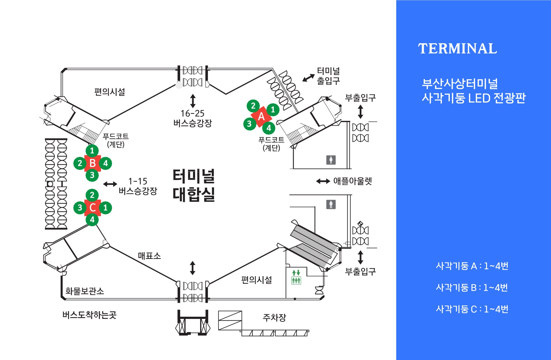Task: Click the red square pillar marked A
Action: point(261,117)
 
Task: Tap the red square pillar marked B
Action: point(92,163)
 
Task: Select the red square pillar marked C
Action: point(92,208)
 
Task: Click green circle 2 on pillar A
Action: point(253,106)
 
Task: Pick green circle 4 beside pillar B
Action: point(106,163)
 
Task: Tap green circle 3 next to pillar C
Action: point(80,208)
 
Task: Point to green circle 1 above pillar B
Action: point(92,150)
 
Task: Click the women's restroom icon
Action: point(331,160)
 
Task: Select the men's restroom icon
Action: point(331,204)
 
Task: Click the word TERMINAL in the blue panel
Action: point(457,49)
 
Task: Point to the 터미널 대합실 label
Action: point(194,185)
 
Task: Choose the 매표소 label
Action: point(149,256)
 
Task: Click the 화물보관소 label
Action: point(85,291)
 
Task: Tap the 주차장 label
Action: point(274,318)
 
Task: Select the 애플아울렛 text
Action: point(352,181)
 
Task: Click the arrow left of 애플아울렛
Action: point(323,181)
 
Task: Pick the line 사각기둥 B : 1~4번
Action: point(472,287)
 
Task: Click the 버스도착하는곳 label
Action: point(89,315)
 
